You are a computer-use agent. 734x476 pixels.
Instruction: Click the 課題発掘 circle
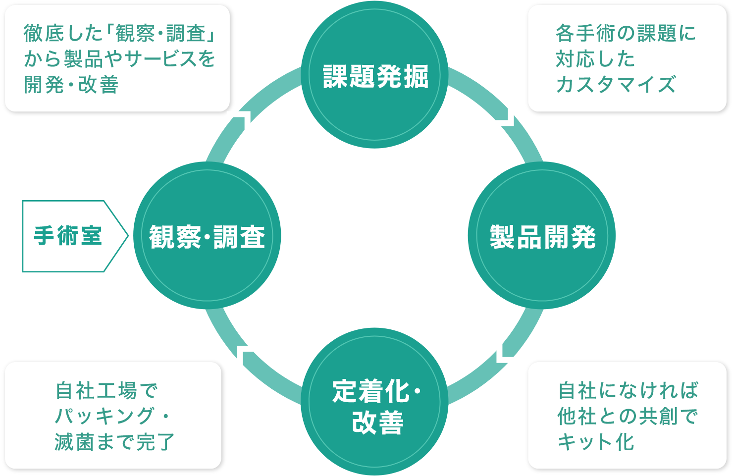pyautogui.click(x=375, y=75)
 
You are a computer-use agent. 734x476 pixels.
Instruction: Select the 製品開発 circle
pyautogui.click(x=542, y=236)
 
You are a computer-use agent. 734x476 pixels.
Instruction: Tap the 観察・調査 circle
pyautogui.click(x=207, y=236)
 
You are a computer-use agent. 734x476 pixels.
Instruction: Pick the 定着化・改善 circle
pyautogui.click(x=375, y=401)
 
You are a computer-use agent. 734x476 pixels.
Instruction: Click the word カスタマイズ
pyautogui.click(x=616, y=85)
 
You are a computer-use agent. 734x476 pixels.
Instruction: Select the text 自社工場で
pyautogui.click(x=106, y=391)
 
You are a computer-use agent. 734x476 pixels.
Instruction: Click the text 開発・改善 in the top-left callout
pyautogui.click(x=71, y=85)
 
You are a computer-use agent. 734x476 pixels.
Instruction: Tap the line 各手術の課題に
pyautogui.click(x=626, y=34)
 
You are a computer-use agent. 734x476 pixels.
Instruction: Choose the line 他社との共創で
pyautogui.click(x=627, y=417)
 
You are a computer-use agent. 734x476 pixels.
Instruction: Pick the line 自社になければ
pyautogui.click(x=628, y=391)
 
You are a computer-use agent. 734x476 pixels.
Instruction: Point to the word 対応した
pyautogui.click(x=595, y=59)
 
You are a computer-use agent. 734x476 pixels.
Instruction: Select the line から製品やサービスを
pyautogui.click(x=119, y=59)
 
